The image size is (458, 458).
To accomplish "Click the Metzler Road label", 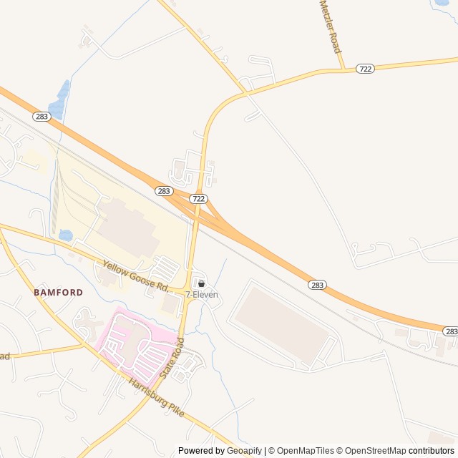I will [x=330, y=27].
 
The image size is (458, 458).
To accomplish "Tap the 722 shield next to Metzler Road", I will [x=366, y=69].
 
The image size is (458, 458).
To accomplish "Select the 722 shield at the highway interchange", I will [x=199, y=198].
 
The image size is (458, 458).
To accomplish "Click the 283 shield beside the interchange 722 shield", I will [x=164, y=191].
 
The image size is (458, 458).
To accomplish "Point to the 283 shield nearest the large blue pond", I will [x=41, y=116].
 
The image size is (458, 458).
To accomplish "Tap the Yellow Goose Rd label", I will [x=135, y=277].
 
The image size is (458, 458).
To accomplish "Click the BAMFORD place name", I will [x=58, y=293].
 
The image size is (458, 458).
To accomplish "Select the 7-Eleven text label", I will [x=202, y=295].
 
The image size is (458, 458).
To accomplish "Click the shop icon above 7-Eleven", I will [x=201, y=283].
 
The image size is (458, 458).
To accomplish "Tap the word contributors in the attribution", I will [x=432, y=451].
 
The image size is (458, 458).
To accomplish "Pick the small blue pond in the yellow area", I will [x=65, y=235].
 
